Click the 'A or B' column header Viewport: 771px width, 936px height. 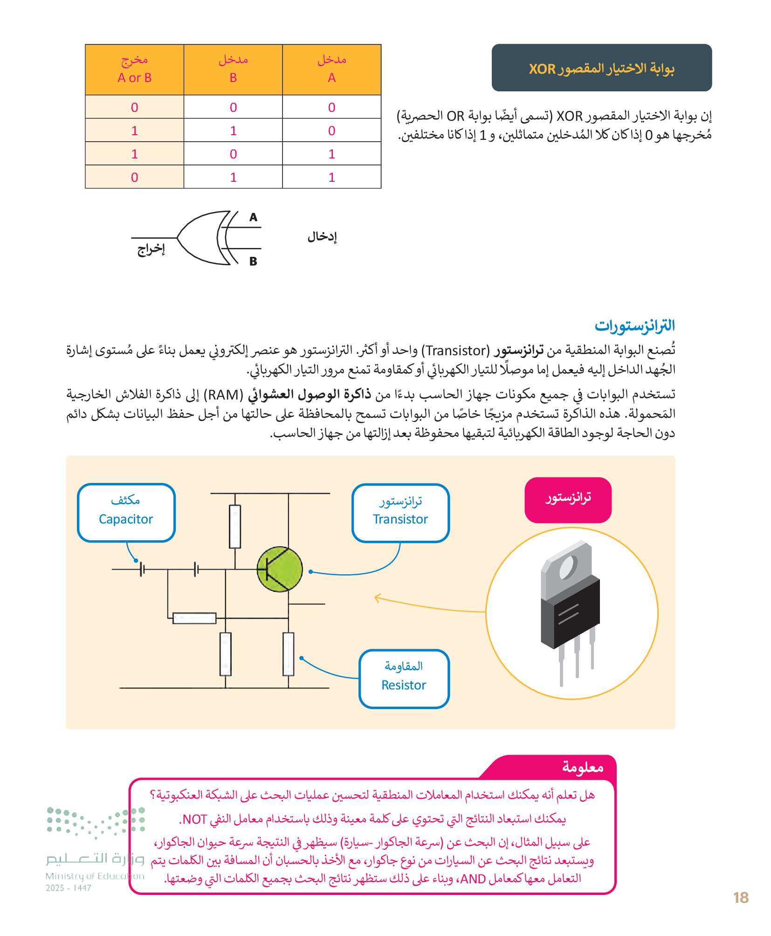pos(134,69)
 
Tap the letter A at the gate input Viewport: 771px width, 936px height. pos(253,217)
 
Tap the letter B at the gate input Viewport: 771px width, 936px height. pos(253,262)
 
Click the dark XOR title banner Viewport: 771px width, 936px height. pos(601,68)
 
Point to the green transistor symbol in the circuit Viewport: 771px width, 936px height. pos(280,569)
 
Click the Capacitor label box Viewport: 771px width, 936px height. pos(126,513)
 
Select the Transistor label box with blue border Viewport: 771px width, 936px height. pos(400,513)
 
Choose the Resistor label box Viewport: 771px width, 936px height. pos(404,679)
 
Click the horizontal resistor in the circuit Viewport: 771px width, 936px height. pos(194,619)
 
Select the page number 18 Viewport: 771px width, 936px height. pos(741,898)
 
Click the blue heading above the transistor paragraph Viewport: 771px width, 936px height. pos(634,325)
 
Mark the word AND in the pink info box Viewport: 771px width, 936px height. pos(473,879)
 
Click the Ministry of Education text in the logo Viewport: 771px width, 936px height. pos(95,876)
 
